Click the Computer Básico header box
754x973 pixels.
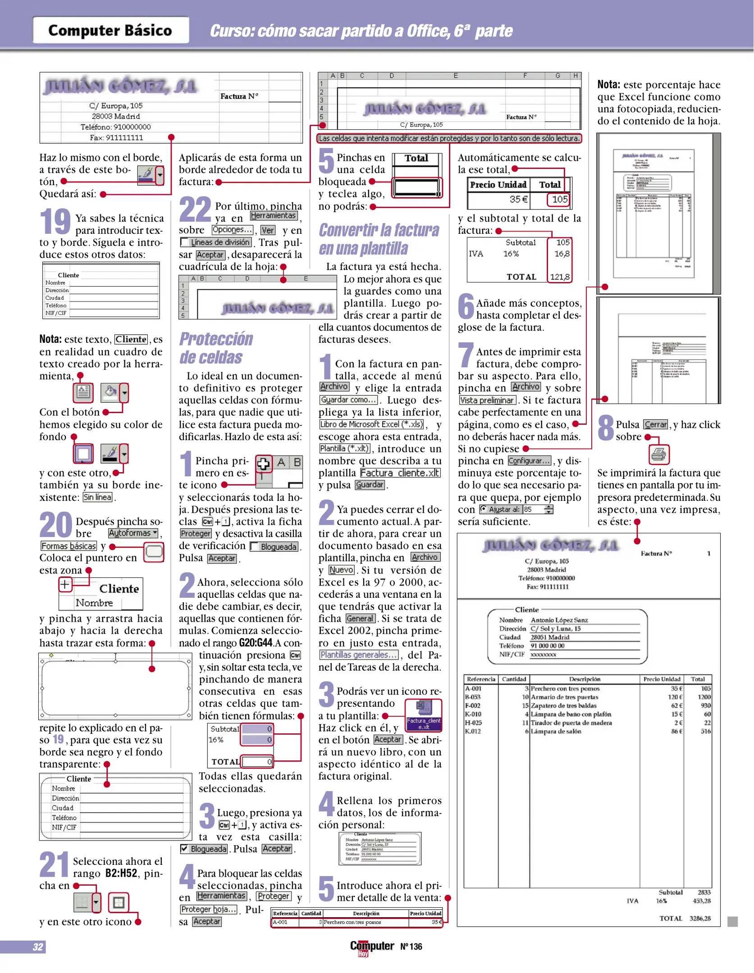110,30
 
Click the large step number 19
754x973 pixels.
55,221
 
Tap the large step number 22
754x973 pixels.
195,209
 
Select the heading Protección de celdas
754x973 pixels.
216,348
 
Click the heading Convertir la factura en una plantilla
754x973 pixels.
379,239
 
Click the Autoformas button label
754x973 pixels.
133,533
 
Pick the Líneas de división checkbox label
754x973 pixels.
220,242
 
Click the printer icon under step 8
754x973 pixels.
659,455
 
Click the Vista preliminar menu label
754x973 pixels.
487,400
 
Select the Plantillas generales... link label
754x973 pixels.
359,655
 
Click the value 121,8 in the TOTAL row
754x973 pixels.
560,277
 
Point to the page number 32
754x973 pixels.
38,947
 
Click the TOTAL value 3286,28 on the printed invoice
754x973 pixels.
699,918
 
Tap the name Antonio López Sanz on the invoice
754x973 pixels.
559,620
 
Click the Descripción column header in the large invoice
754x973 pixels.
584,679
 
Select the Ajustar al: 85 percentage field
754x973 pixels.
516,509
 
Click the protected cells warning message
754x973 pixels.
449,139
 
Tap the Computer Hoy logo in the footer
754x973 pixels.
372,947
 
